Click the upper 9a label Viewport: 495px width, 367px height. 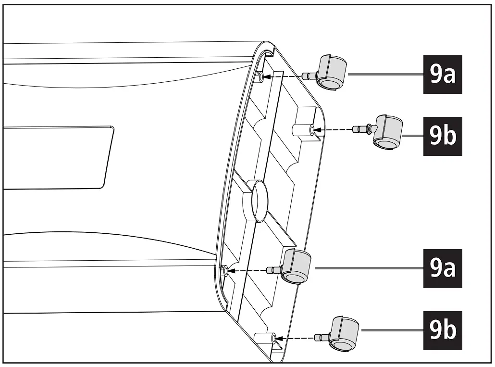(x=442, y=75)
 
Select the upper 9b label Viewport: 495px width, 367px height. (x=442, y=136)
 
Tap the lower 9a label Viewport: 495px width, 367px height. (x=442, y=268)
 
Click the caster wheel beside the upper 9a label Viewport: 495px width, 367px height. (x=332, y=72)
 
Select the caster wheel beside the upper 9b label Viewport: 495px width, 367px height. (x=388, y=131)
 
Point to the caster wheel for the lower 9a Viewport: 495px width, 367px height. (x=296, y=266)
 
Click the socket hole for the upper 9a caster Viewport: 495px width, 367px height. (x=260, y=76)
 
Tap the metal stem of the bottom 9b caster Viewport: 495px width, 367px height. (x=321, y=337)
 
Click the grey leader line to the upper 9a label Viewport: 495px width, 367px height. (x=384, y=75)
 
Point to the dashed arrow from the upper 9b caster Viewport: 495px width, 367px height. (x=334, y=129)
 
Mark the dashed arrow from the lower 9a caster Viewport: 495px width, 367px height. (x=247, y=271)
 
